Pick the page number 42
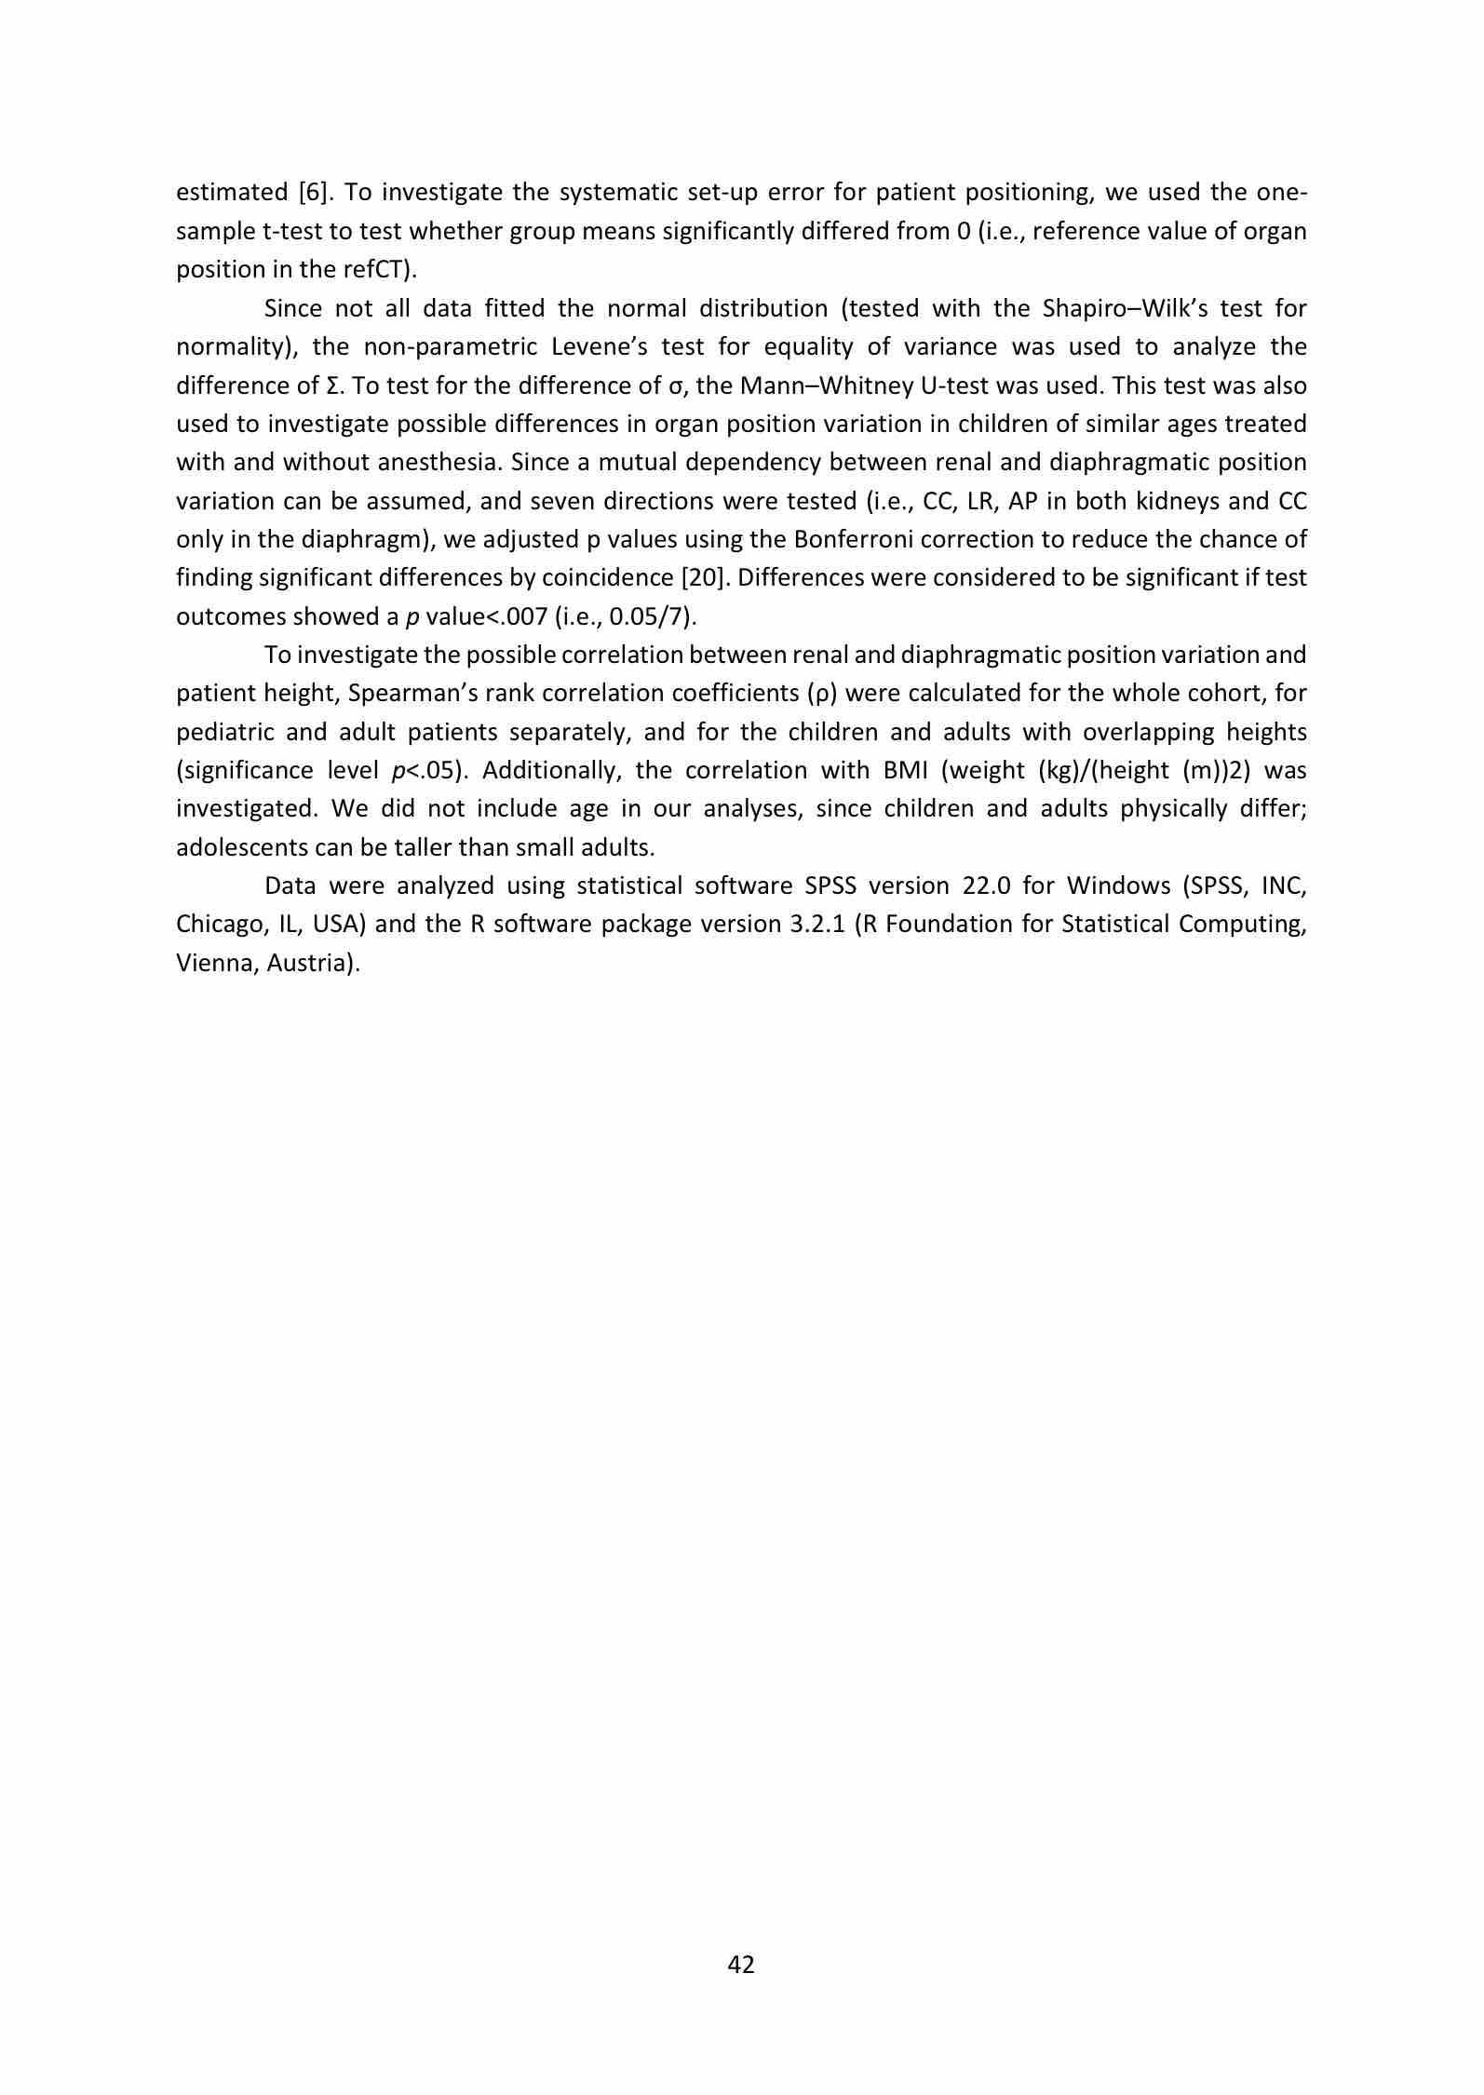click(741, 1965)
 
